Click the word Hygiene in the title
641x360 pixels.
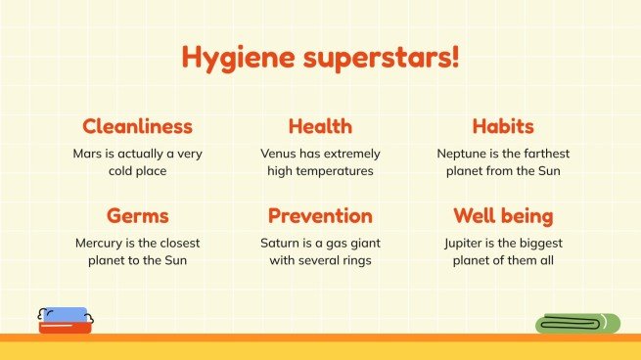tap(233, 58)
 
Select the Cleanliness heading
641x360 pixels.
tap(137, 126)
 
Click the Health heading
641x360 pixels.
tap(320, 126)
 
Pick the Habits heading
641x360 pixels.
tap(503, 126)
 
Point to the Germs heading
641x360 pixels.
tap(137, 216)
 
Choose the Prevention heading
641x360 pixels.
tap(320, 216)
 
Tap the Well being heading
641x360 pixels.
tap(503, 216)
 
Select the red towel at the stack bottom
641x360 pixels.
tap(65, 329)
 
